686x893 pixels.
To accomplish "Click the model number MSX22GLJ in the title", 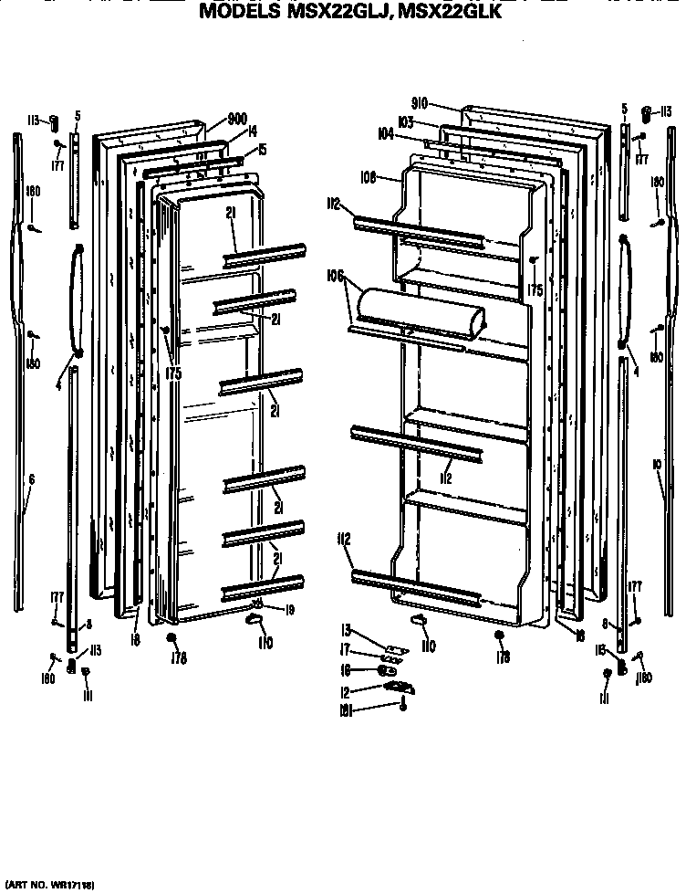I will click(x=329, y=13).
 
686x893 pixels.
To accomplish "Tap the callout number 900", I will click(x=237, y=119).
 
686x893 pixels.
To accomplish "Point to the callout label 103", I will click(x=406, y=121).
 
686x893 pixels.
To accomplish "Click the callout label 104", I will click(x=386, y=134).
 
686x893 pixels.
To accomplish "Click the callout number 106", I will click(x=334, y=275).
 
